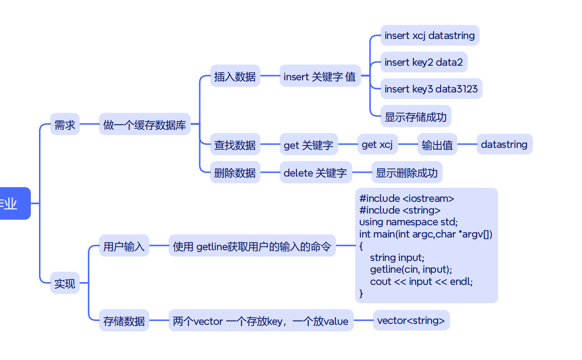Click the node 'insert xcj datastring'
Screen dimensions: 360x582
(x=429, y=36)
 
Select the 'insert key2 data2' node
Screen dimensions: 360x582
(x=423, y=62)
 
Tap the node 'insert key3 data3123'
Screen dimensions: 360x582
(x=431, y=89)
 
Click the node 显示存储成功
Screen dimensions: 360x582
(x=415, y=116)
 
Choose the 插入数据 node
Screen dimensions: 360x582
(x=235, y=77)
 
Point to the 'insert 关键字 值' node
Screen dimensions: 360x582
(x=320, y=77)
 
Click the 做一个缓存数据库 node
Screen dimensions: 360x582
(x=145, y=125)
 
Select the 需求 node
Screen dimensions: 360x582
(x=65, y=125)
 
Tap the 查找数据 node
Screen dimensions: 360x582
(x=235, y=145)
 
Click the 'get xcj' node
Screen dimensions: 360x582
(x=377, y=145)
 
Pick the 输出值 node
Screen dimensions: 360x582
(x=437, y=145)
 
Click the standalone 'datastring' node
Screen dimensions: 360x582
(x=504, y=145)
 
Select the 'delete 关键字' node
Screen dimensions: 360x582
(x=315, y=173)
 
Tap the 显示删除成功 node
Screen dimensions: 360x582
(x=406, y=173)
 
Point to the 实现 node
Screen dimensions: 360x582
(x=65, y=283)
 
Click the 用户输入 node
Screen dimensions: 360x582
(x=124, y=246)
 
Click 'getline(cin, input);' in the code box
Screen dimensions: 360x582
(x=411, y=269)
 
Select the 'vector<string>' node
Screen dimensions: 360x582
(x=411, y=321)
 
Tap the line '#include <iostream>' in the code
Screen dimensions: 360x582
(x=407, y=199)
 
